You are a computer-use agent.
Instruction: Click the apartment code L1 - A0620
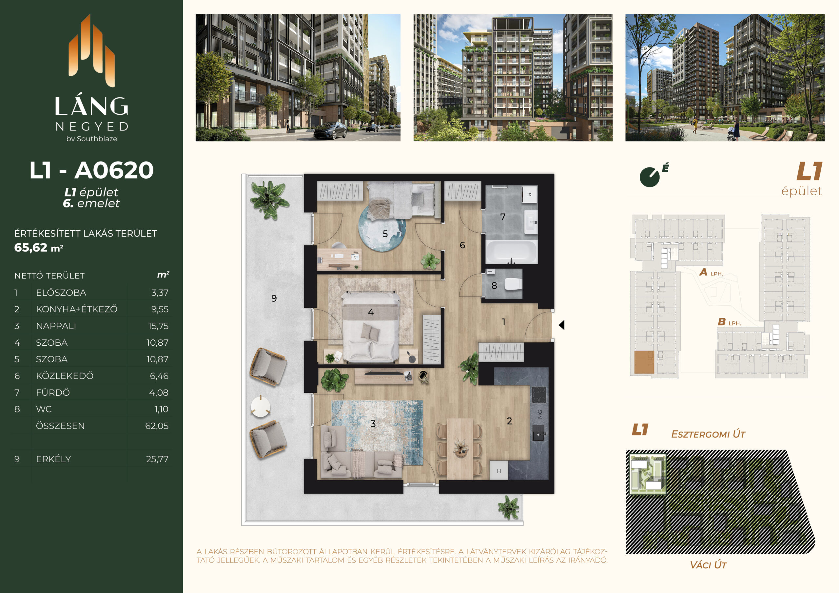tap(91, 170)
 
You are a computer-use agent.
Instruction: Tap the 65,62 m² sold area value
tap(39, 248)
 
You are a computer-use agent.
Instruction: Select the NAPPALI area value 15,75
tap(158, 326)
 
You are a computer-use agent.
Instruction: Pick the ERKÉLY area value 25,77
tap(157, 459)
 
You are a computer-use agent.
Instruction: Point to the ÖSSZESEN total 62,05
tap(157, 426)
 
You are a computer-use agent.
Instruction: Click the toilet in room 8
tap(513, 283)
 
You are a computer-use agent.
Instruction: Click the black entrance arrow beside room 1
tap(562, 324)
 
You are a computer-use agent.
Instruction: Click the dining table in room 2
tap(460, 448)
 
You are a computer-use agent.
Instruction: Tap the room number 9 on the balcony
tap(274, 298)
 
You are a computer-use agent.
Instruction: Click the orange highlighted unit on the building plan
tap(644, 362)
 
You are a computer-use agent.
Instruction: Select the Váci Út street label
tap(708, 565)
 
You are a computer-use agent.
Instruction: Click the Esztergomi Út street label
tap(708, 434)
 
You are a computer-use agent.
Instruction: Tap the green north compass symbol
tap(650, 177)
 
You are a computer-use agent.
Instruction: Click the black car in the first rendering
tap(330, 130)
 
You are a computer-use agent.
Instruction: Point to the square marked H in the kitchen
tap(499, 471)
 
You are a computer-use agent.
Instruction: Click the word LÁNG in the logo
tap(91, 105)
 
